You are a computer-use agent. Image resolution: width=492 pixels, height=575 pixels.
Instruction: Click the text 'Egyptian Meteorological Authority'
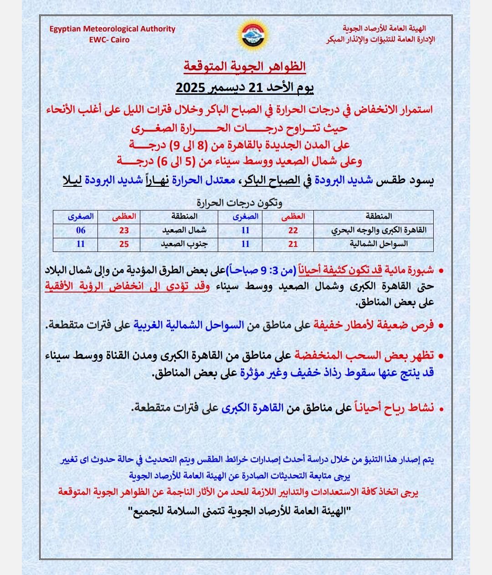pos(113,29)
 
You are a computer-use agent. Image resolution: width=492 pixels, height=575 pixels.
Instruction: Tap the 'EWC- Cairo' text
pos(109,40)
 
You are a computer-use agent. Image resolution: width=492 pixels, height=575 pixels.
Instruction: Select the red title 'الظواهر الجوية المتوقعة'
pos(245,67)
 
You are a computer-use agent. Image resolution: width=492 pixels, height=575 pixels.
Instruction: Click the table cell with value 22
pos(293,231)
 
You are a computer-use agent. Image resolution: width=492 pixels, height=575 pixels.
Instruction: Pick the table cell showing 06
pos(81,231)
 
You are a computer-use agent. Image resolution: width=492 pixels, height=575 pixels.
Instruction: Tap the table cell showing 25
pos(124,244)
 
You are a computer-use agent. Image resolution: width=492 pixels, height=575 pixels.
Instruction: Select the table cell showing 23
pos(124,231)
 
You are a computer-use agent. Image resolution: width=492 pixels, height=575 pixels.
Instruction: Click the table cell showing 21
pos(293,244)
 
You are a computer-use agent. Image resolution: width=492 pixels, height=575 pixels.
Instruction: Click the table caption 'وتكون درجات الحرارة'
pos(240,202)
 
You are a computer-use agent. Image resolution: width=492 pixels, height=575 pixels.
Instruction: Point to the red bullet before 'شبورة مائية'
pos(441,271)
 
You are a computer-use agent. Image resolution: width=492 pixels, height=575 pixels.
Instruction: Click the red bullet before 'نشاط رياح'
pos(441,409)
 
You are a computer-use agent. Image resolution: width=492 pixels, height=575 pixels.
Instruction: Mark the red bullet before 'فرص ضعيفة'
pos(441,326)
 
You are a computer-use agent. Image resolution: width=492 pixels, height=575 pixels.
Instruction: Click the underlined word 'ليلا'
pos(72,180)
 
